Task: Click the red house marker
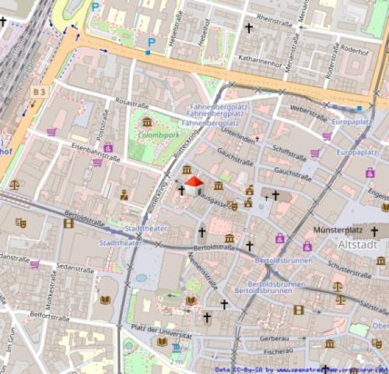click(x=194, y=185)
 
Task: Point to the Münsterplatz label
click(x=338, y=231)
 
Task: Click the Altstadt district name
click(x=358, y=244)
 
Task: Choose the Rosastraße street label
click(x=131, y=102)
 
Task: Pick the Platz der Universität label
click(x=162, y=330)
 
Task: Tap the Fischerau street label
click(x=278, y=351)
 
